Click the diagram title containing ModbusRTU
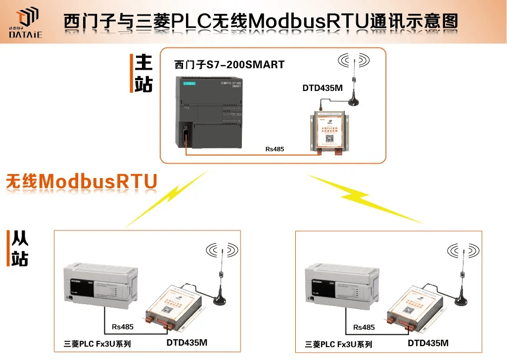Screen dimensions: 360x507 click(x=261, y=22)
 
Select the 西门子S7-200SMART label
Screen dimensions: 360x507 click(x=230, y=65)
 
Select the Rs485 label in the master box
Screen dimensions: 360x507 click(x=275, y=149)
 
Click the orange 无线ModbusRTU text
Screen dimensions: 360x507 click(x=82, y=181)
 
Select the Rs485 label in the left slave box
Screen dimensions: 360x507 click(x=123, y=327)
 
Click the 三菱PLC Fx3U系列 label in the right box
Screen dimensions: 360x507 click(x=339, y=344)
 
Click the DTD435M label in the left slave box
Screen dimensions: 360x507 click(x=187, y=342)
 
